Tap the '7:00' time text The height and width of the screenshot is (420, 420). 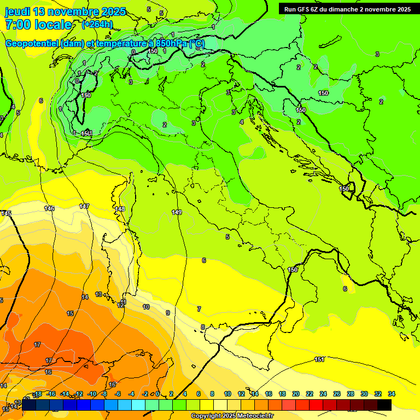(x=17, y=25)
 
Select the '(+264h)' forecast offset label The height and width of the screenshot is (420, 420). (x=97, y=25)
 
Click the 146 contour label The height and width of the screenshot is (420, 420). (x=50, y=208)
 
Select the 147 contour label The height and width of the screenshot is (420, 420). (x=84, y=206)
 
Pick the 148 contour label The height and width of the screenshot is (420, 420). (x=120, y=209)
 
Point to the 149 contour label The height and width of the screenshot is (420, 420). (x=177, y=212)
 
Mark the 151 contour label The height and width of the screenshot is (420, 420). (x=320, y=359)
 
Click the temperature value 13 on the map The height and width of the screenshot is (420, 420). (x=98, y=294)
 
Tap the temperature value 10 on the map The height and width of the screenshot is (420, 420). (x=146, y=307)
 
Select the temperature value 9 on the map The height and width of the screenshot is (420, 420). (x=168, y=313)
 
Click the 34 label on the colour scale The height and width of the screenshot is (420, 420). (x=391, y=394)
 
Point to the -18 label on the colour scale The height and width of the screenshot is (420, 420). (x=38, y=394)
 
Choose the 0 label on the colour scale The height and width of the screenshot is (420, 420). (x=157, y=394)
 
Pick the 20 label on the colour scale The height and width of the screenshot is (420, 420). (x=296, y=394)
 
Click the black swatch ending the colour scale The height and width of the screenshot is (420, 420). (x=384, y=405)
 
